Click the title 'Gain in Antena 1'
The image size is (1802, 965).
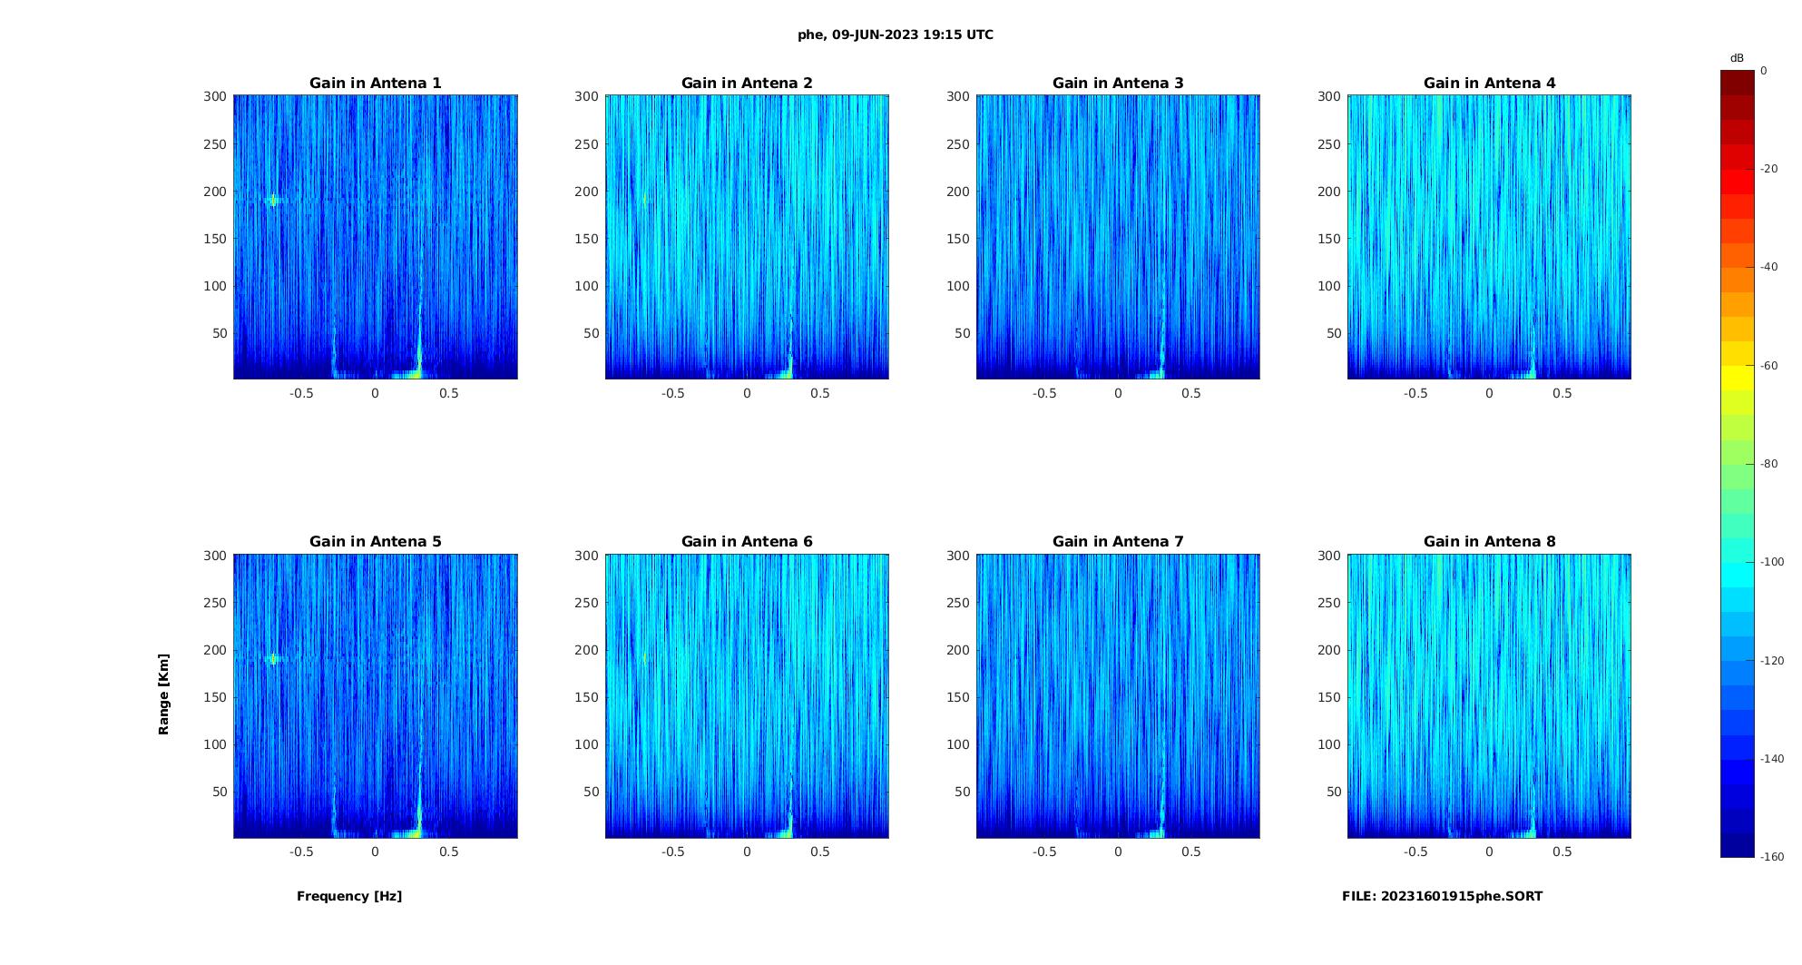click(375, 84)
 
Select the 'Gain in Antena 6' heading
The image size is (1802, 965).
click(747, 542)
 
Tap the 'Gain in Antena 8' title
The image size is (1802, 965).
click(1489, 542)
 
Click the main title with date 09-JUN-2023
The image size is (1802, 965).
click(896, 35)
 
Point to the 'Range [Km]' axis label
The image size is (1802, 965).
click(164, 694)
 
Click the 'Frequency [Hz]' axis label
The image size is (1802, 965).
click(349, 896)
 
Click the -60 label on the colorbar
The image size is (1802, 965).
click(1769, 366)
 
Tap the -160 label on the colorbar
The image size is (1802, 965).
click(1772, 857)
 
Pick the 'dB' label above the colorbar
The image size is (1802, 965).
click(1737, 58)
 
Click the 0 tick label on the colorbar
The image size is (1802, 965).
click(1764, 71)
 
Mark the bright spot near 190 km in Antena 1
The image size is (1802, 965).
click(272, 201)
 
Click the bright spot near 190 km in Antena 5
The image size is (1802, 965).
click(272, 659)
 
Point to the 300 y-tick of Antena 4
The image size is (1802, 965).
click(1329, 96)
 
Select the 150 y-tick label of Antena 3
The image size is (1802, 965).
click(958, 239)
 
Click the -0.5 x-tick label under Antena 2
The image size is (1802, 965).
click(672, 393)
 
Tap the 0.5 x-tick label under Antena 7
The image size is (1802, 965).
click(1191, 852)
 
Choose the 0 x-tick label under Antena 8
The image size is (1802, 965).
click(1489, 852)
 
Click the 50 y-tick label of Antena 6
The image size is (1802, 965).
click(592, 792)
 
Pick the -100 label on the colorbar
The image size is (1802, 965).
click(1772, 562)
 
